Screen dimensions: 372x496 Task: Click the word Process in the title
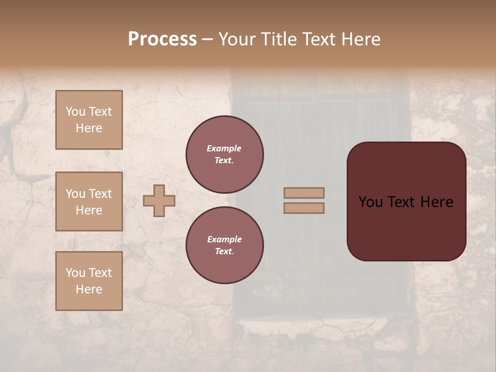[x=162, y=39]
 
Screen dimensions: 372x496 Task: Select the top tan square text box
[x=89, y=120]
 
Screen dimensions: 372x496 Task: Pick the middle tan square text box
[x=89, y=202]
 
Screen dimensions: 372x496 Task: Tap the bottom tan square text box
[x=89, y=281]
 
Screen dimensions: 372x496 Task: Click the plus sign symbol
[x=159, y=200]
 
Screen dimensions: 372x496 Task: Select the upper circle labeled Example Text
[x=225, y=154]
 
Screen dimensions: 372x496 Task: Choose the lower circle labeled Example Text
[x=225, y=245]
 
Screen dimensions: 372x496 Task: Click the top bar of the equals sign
[x=304, y=193]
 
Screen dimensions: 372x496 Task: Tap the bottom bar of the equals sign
[x=304, y=208]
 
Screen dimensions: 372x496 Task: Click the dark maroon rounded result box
[x=406, y=227]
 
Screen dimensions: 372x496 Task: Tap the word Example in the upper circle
[x=224, y=148]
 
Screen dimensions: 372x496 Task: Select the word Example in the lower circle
[x=224, y=239]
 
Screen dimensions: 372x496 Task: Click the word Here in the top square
[x=89, y=128]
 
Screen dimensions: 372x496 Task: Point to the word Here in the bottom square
[x=89, y=289]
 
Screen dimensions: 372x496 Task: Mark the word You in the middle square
[x=74, y=194]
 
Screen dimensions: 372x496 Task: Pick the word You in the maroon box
[x=370, y=202]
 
